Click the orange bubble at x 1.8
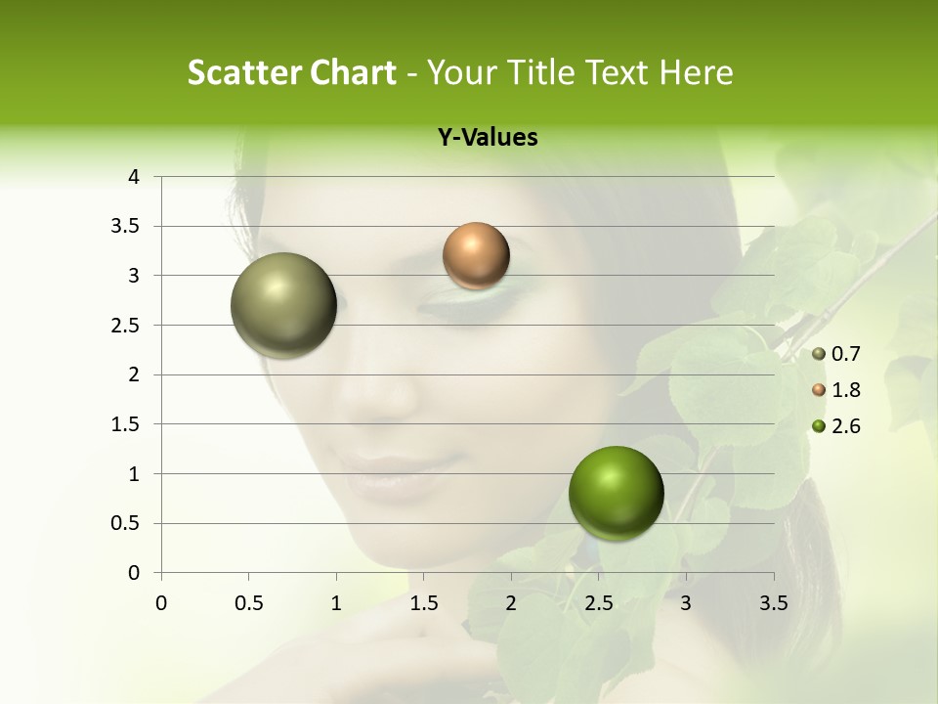(476, 256)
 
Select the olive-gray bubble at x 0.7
(283, 305)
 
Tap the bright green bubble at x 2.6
(616, 493)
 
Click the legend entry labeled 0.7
(835, 354)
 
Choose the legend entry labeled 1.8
(835, 390)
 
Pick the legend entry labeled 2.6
(835, 426)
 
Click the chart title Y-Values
(488, 138)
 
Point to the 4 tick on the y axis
(134, 177)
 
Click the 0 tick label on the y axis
(134, 573)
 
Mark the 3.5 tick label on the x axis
(773, 601)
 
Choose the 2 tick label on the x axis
(511, 601)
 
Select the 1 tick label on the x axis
(336, 601)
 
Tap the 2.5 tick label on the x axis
(598, 601)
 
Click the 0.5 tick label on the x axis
(248, 601)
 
